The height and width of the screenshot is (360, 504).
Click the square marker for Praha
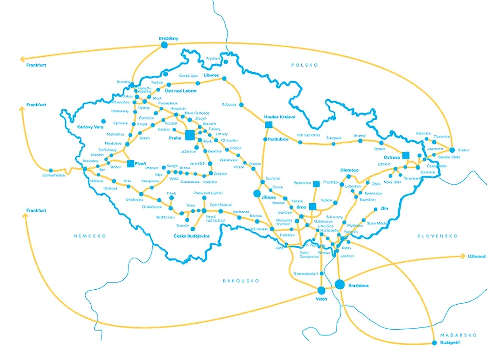[x=190, y=135]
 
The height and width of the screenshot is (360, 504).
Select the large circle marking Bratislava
[x=339, y=284]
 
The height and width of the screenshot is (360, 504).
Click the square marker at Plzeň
[x=131, y=163]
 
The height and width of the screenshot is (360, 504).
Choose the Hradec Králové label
[x=279, y=117]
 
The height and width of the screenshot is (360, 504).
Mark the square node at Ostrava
[x=406, y=155]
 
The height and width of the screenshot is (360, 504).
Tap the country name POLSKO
[x=304, y=65]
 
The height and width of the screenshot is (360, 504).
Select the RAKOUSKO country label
[x=240, y=281]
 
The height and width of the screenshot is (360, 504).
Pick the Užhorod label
[x=476, y=257]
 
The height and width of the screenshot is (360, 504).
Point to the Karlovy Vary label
[x=90, y=127]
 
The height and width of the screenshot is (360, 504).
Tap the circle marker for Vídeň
[x=322, y=290]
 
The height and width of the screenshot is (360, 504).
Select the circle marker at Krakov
[x=452, y=149]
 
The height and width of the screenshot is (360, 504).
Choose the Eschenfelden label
[x=54, y=175]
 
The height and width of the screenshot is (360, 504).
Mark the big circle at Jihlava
[x=257, y=194]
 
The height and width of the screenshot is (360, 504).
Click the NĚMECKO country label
[x=90, y=236]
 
